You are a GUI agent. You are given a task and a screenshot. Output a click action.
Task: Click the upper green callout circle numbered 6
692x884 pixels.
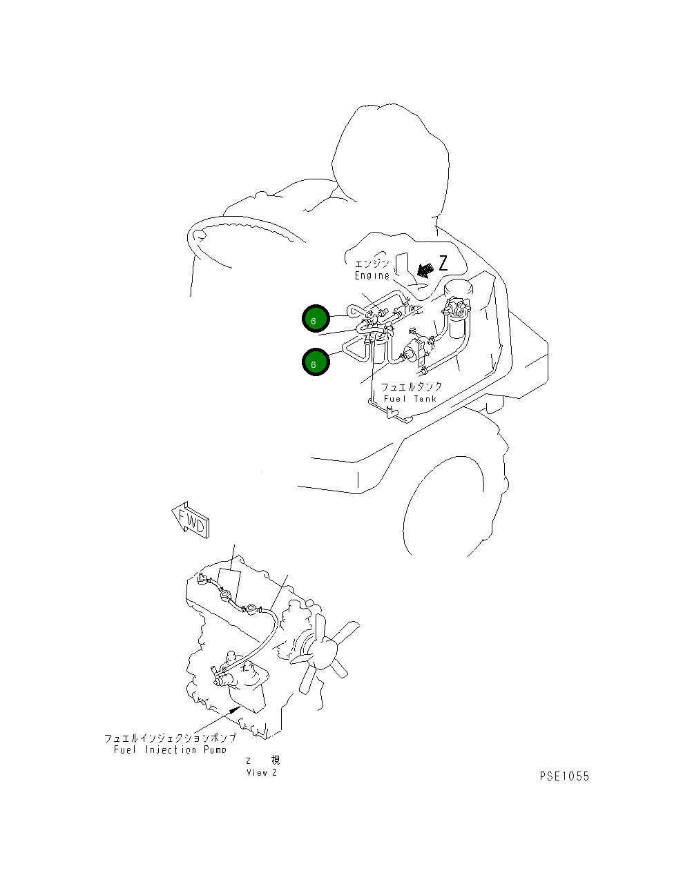coord(316,318)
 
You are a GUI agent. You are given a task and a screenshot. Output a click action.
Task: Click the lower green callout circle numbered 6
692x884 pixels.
coord(316,362)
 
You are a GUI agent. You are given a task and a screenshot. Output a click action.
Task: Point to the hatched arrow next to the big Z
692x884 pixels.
coord(425,270)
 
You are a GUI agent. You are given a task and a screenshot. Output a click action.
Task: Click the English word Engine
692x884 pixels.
coord(372,276)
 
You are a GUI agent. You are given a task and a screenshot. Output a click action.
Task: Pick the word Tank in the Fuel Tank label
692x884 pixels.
coord(425,399)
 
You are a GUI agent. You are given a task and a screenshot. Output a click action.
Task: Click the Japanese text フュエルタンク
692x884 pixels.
coord(411,386)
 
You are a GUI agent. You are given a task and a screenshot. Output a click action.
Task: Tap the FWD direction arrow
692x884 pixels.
coord(191,521)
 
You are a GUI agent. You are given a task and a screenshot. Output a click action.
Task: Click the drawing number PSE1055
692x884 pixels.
coord(564,776)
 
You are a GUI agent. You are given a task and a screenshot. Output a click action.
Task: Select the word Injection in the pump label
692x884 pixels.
coord(171,749)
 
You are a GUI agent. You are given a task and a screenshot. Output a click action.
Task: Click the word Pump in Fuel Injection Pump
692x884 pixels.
coord(215,749)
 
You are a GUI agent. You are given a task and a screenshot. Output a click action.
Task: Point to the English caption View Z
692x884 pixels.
coord(262,773)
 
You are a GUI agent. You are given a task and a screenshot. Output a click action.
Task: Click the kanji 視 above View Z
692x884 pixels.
coord(276,760)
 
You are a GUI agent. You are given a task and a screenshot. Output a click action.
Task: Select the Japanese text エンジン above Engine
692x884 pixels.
coord(372,264)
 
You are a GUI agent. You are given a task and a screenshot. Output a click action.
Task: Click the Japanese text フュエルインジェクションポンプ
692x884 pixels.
coord(170,738)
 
